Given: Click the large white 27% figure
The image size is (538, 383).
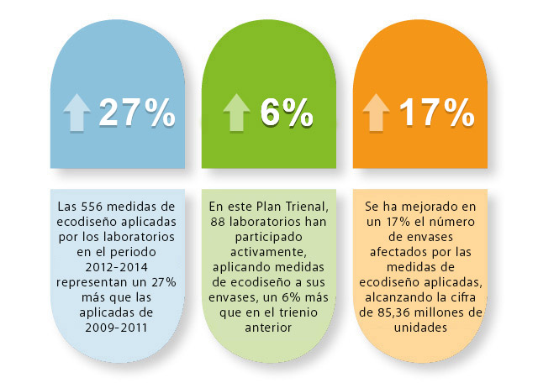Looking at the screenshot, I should pyautogui.click(x=137, y=113).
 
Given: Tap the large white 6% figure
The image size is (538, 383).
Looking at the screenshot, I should pyautogui.click(x=285, y=113).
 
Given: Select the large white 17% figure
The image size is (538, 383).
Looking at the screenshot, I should pyautogui.click(x=436, y=113).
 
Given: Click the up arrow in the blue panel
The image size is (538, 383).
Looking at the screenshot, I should pyautogui.click(x=77, y=113).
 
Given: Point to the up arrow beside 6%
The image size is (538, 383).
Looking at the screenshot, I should pyautogui.click(x=237, y=113).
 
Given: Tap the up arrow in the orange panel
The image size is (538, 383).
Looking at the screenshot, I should pyautogui.click(x=376, y=113).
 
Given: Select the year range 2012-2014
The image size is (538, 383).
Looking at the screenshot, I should pyautogui.click(x=114, y=266).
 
